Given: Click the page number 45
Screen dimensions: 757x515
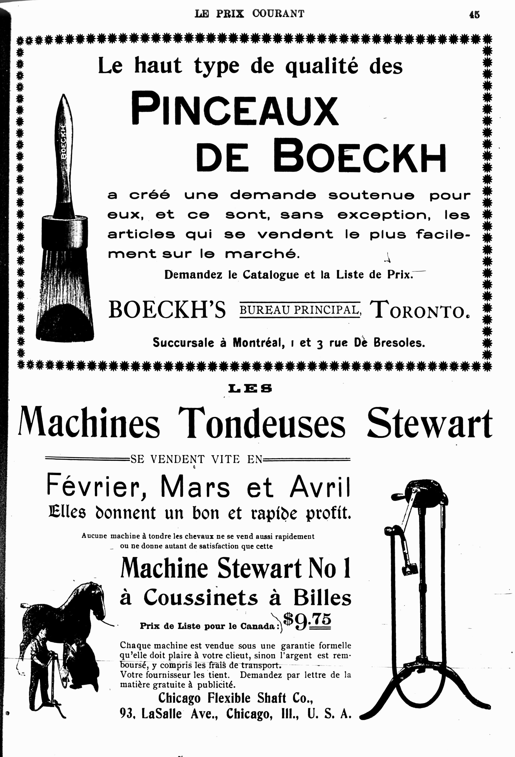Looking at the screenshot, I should [x=474, y=15].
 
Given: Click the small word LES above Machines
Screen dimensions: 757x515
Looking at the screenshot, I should [x=250, y=388].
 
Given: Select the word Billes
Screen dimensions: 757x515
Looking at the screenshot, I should [x=322, y=597].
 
